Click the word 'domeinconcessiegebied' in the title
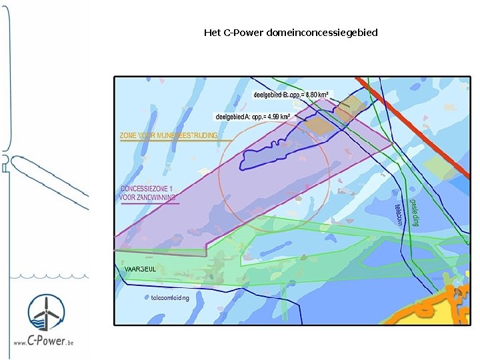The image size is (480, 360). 321,32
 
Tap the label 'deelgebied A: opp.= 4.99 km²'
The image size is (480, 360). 251,117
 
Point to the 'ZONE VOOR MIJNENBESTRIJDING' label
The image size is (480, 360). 168,135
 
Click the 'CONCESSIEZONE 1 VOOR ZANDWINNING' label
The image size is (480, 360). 148,193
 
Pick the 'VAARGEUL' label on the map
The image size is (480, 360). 140,269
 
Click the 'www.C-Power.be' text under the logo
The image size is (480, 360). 44,341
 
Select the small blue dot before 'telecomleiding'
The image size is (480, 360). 146,297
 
